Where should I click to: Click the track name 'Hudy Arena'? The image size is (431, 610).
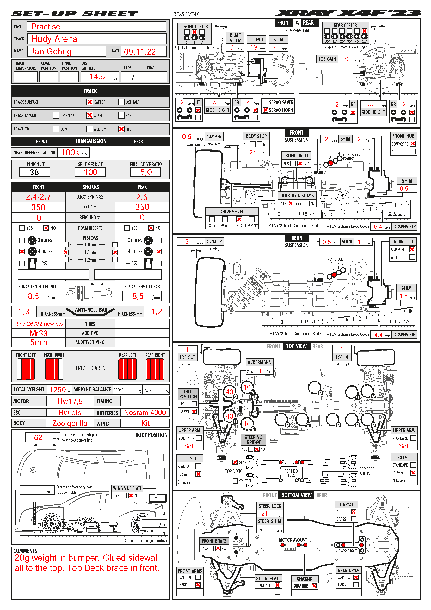click(54, 39)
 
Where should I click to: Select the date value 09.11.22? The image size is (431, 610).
click(140, 52)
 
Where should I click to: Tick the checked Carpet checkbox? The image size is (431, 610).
click(90, 102)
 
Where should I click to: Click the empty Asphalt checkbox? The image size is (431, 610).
click(121, 102)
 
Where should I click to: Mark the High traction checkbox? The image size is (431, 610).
click(121, 129)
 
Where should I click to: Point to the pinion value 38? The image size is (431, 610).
click(34, 172)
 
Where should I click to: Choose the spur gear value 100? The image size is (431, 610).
click(90, 172)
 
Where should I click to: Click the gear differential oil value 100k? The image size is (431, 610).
click(70, 153)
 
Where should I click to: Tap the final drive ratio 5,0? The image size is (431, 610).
click(146, 172)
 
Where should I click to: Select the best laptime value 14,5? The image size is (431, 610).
click(97, 77)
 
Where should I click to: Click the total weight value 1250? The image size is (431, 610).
click(58, 390)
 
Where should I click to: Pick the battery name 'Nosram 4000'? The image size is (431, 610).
click(145, 413)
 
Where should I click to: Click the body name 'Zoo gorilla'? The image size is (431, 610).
click(70, 423)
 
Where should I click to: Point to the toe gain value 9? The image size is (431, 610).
click(347, 59)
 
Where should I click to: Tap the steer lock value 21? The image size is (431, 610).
click(264, 514)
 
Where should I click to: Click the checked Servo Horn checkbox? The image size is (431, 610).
click(265, 110)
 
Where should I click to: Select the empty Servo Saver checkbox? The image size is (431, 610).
click(265, 102)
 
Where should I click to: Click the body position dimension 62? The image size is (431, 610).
click(38, 437)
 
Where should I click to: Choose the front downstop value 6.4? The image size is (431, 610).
click(378, 227)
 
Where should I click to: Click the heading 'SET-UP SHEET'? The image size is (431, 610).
click(75, 14)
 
